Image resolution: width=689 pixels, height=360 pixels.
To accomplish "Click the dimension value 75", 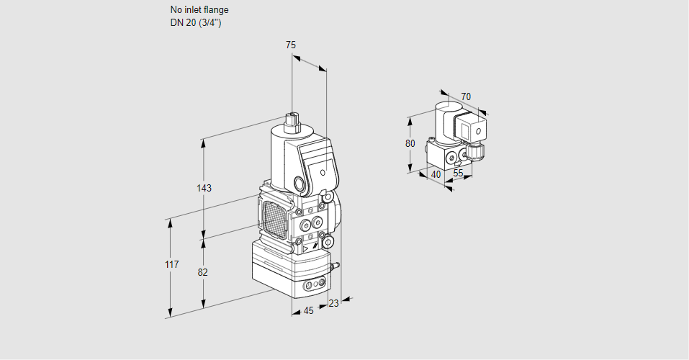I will [291, 45].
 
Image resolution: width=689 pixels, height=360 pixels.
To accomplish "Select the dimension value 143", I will [204, 188].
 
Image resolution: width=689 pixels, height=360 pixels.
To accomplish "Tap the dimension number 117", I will [171, 266].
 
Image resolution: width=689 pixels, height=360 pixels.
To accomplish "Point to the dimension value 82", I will [203, 272].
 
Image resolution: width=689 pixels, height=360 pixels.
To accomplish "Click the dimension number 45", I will [308, 310].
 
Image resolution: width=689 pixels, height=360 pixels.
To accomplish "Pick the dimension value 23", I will [333, 303].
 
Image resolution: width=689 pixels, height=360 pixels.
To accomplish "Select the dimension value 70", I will [466, 96].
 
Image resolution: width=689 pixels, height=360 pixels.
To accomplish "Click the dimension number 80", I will [410, 143].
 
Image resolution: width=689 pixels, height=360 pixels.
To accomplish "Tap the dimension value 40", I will [436, 174].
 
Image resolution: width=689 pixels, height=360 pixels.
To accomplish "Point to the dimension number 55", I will [458, 174].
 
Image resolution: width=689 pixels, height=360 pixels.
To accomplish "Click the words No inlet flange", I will [199, 10].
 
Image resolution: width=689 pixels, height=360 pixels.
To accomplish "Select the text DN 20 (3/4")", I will [196, 22].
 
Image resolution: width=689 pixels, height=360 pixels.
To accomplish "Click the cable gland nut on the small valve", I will [474, 152].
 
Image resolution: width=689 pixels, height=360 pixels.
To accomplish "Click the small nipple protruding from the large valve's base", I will [333, 267].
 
